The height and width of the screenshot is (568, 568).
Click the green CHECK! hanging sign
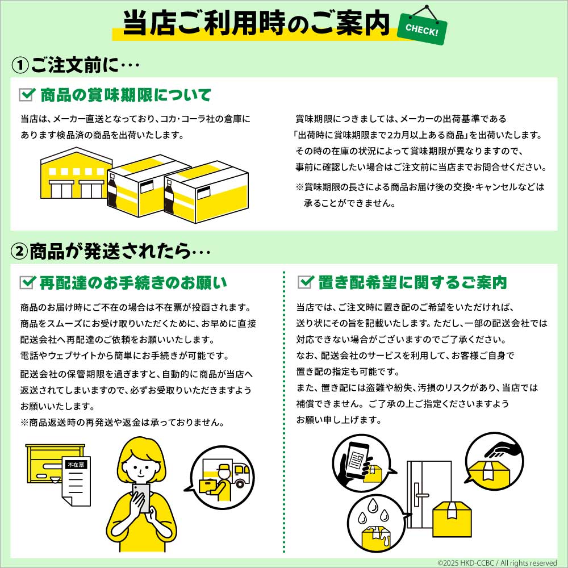pos(422,29)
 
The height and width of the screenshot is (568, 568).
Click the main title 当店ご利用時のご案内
pos(257,23)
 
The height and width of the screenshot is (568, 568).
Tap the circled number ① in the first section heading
pos(20,65)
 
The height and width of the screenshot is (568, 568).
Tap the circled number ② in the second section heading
pos(19,252)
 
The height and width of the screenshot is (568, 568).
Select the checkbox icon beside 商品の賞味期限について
pos(27,94)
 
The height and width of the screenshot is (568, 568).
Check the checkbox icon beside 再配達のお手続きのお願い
pos(27,282)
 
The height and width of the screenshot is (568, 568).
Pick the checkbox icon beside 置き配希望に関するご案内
pos(306,282)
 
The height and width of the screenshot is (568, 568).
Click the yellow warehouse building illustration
pos(76,173)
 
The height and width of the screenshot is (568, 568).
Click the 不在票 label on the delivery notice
pos(76,464)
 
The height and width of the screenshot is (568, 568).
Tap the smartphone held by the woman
pos(141,498)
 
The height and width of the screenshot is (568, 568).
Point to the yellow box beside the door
pos(452,519)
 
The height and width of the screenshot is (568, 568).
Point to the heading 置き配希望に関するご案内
pos(412,282)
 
